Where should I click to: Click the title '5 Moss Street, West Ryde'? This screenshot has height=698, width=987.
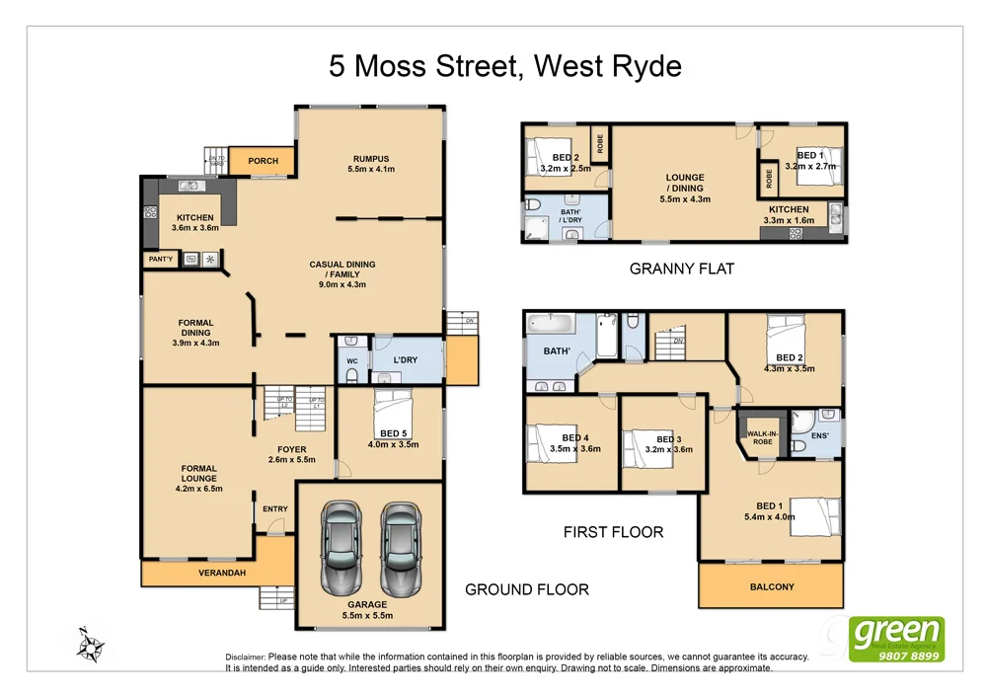[x=504, y=66]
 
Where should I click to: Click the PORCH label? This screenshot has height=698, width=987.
[x=263, y=161]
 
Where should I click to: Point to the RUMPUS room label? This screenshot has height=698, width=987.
[x=371, y=159]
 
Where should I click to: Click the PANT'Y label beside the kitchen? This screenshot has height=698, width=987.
[x=160, y=259]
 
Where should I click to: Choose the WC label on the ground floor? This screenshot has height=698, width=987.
[x=350, y=361]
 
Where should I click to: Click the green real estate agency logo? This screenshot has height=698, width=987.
[x=897, y=639]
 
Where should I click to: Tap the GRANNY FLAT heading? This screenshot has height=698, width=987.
[x=682, y=269]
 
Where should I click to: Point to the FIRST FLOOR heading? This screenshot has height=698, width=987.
[x=613, y=532]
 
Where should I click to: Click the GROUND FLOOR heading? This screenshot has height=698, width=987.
[x=527, y=589]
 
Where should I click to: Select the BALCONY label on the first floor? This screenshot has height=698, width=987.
[x=772, y=586]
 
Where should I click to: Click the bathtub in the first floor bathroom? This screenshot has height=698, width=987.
[x=557, y=324]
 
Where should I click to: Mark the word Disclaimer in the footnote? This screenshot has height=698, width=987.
[x=245, y=657]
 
